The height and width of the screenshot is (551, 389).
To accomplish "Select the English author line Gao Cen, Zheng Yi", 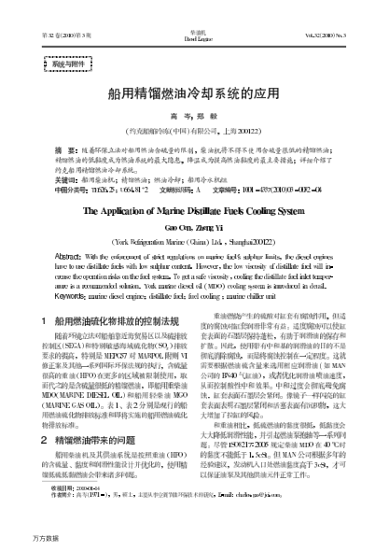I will pyautogui.click(x=193, y=229).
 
